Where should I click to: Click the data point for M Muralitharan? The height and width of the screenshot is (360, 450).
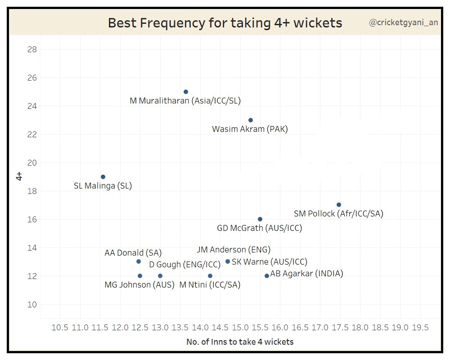[186, 92]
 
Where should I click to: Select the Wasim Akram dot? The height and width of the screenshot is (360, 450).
[251, 120]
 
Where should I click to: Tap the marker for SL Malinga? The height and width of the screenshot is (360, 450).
[103, 177]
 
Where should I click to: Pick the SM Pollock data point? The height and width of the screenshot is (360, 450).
[339, 205]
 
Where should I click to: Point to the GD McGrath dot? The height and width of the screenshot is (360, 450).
[260, 219]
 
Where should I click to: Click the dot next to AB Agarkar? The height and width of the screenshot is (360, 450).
[267, 276]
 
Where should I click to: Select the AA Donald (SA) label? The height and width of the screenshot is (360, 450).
[133, 253]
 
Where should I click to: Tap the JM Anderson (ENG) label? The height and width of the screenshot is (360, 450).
[234, 250]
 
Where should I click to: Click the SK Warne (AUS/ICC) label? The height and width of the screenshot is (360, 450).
[270, 262]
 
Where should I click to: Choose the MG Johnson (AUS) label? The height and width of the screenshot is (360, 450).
[139, 285]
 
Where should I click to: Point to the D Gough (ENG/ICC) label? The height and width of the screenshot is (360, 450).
[185, 264]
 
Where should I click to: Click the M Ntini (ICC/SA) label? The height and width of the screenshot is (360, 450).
[210, 285]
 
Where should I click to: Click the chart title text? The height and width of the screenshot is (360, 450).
[225, 23]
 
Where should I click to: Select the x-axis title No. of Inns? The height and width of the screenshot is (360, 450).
[240, 342]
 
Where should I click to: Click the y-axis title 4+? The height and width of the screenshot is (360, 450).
[19, 176]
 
